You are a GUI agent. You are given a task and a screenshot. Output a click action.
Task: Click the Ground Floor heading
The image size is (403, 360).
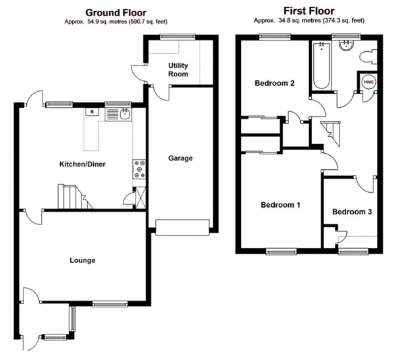(x=116, y=12)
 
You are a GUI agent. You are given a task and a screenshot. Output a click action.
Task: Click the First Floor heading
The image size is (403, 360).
(x=309, y=11)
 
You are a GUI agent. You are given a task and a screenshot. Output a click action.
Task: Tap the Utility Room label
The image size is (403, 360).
(x=178, y=70)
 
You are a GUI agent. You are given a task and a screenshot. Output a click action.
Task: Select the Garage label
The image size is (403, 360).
(x=180, y=158)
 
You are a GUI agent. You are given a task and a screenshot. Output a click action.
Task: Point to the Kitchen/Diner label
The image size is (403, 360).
(x=83, y=164)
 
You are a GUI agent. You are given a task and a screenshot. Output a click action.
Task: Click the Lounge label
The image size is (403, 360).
(x=82, y=260)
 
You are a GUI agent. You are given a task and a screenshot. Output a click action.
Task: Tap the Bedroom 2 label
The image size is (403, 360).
(x=274, y=83)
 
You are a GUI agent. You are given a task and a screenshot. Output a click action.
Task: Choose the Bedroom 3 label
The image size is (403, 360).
(x=352, y=212)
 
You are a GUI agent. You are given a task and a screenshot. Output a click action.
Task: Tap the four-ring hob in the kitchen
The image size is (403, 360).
(x=139, y=169)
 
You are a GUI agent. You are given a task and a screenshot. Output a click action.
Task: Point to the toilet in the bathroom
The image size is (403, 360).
(x=367, y=56)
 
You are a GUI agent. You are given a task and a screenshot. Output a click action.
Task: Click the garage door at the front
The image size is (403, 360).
(x=183, y=228)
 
